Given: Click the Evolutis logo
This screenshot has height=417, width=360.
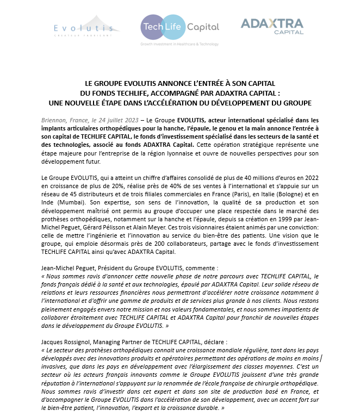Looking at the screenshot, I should click(x=84, y=27).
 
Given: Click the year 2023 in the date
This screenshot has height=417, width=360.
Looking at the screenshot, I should click(x=127, y=120).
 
